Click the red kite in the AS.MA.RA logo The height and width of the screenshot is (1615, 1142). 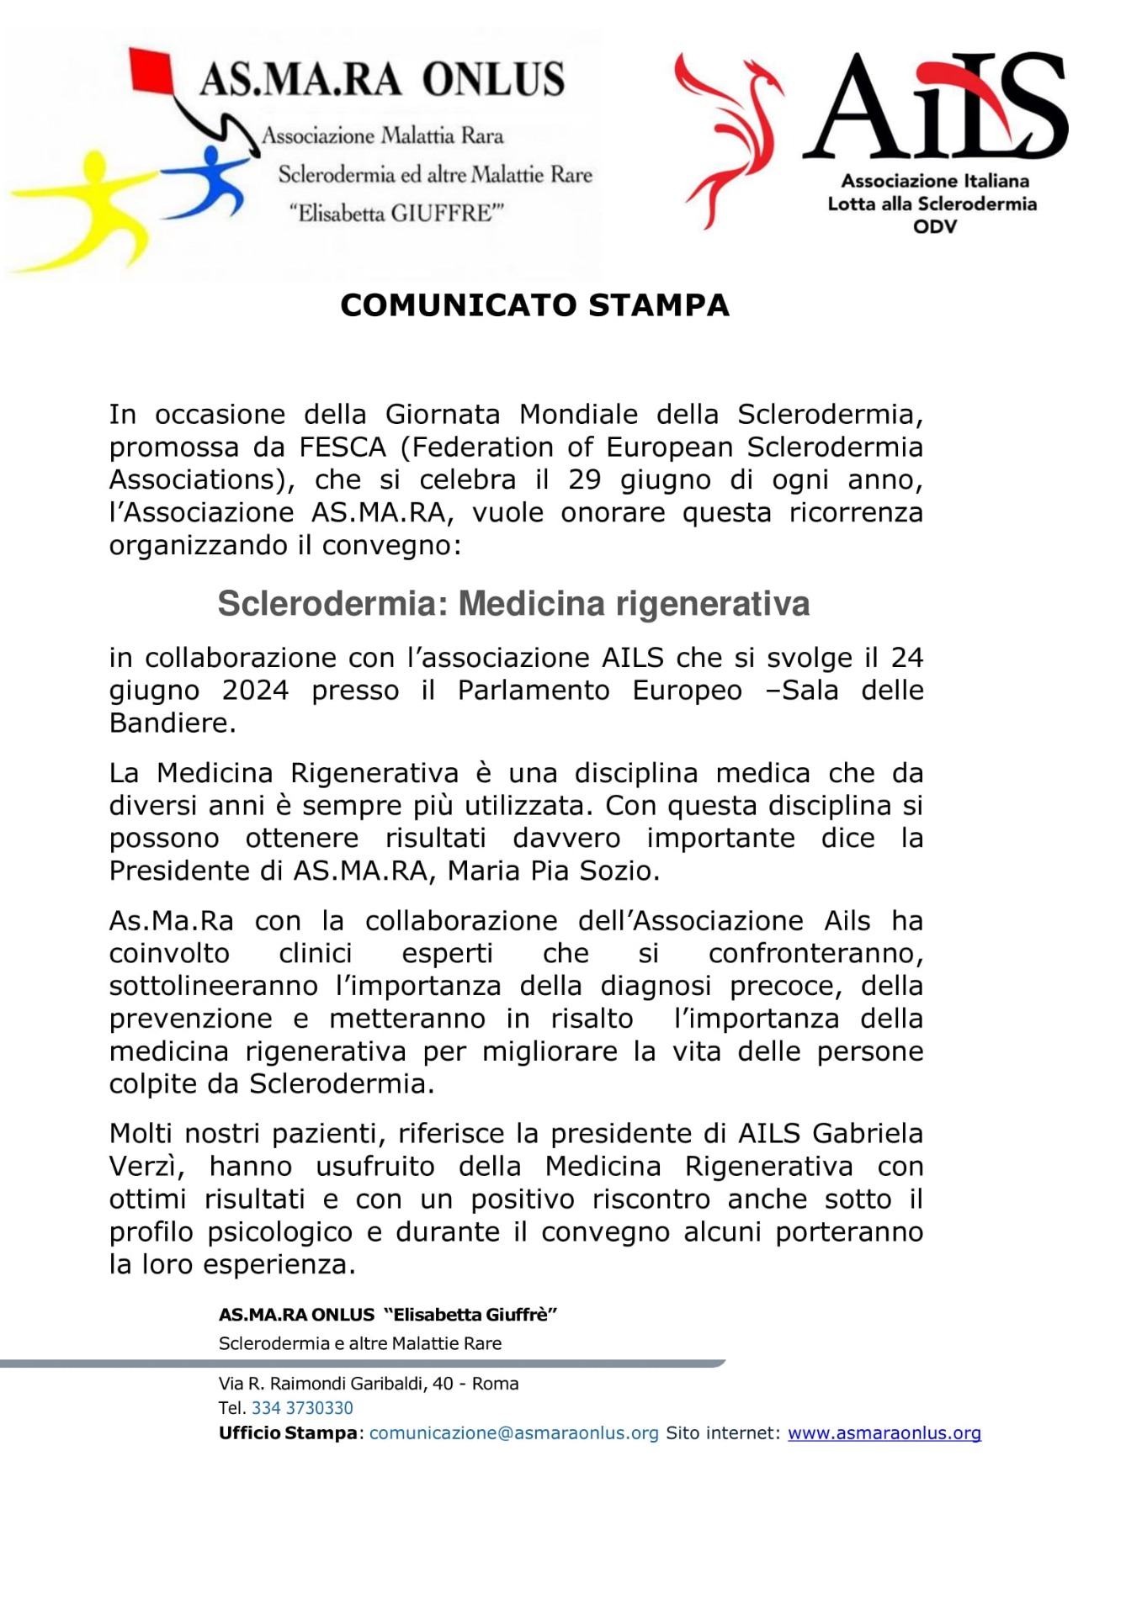tap(152, 70)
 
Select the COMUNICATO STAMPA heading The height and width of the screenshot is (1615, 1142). tap(534, 305)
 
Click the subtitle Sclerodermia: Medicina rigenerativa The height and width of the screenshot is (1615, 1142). tap(513, 604)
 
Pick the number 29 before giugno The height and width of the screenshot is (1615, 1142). tap(585, 479)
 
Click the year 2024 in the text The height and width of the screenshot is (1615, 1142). tap(255, 690)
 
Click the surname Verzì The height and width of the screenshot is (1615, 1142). tap(144, 1167)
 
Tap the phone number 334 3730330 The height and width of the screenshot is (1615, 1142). tap(302, 1408)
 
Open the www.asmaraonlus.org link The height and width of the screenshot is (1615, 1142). tap(884, 1433)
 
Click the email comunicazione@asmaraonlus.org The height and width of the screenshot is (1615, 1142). tap(513, 1433)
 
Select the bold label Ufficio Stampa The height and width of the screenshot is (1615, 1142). tap(288, 1433)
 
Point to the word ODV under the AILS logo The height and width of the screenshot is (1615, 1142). tap(934, 226)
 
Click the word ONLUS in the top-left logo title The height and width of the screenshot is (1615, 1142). tap(493, 80)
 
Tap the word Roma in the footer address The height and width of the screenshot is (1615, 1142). tap(495, 1384)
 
